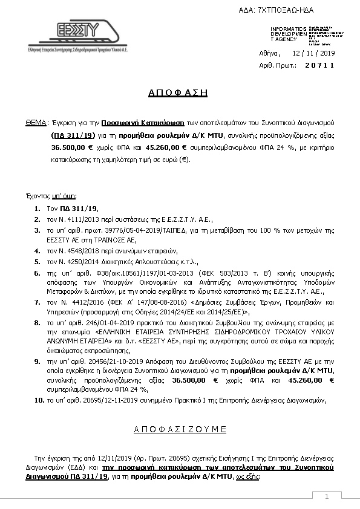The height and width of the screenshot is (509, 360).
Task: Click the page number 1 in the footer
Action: [x=326, y=497]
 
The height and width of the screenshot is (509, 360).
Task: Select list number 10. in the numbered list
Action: [x=38, y=400]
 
